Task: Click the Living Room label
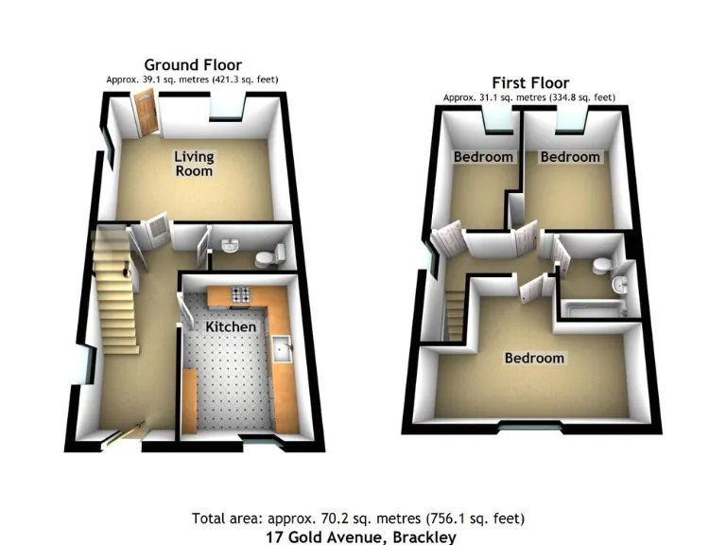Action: (x=193, y=164)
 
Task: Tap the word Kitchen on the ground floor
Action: (x=231, y=326)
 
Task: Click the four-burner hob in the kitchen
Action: (x=235, y=296)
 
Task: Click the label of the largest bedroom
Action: (x=534, y=358)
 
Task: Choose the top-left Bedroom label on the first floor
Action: (x=483, y=157)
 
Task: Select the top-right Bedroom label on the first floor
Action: (x=569, y=157)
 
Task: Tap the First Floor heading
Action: (x=530, y=82)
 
